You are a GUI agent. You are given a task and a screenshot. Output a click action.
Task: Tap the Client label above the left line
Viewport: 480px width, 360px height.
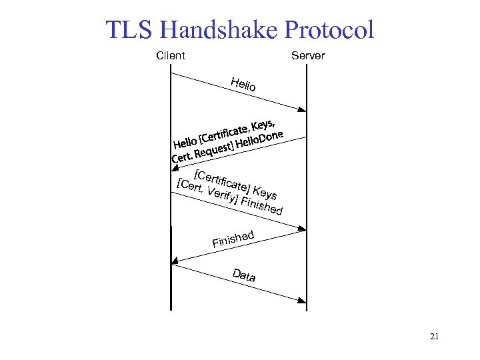[171, 56]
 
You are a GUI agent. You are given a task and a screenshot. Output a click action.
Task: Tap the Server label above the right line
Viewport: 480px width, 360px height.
[308, 56]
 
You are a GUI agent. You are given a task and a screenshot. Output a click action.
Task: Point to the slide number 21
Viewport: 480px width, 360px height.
[434, 337]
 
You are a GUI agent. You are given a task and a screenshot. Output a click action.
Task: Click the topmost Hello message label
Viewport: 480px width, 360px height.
[243, 85]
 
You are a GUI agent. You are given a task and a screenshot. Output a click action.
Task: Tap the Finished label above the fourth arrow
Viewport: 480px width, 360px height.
[233, 239]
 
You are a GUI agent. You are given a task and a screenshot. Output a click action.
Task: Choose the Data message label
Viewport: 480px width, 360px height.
[244, 275]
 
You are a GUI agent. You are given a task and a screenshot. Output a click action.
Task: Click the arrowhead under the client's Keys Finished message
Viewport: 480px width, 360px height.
[302, 230]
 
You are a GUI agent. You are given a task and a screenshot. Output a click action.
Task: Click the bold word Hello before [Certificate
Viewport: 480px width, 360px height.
[185, 143]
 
